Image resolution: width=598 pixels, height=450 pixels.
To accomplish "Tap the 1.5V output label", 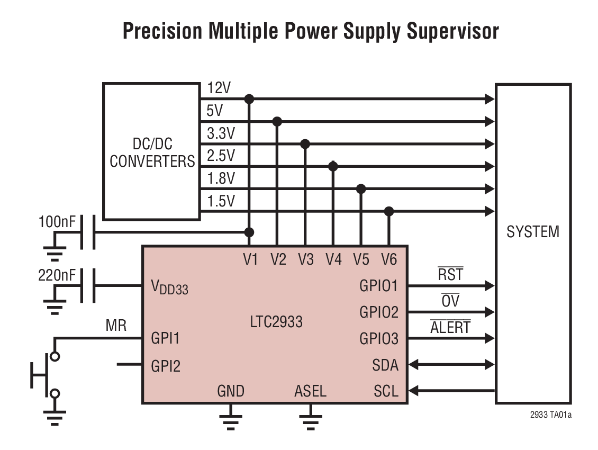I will (x=221, y=201).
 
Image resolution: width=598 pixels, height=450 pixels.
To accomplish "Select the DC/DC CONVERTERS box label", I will (x=152, y=152).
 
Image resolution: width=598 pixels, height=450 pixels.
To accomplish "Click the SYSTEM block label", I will (x=532, y=232).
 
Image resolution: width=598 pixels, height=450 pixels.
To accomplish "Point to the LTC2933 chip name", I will (x=277, y=321).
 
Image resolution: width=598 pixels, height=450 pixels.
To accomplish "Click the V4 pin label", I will (x=333, y=259).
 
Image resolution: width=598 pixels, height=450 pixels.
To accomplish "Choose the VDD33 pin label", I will (x=169, y=287).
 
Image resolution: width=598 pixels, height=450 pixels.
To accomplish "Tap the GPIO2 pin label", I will (x=378, y=312).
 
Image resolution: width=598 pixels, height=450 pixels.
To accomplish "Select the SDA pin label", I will (x=385, y=365).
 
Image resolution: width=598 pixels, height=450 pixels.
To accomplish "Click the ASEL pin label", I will (x=310, y=391).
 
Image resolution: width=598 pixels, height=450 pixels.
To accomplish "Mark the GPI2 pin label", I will (x=166, y=365).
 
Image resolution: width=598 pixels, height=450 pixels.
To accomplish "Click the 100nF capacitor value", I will (x=57, y=222).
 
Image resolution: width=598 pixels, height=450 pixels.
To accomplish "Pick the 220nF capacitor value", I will (x=57, y=275).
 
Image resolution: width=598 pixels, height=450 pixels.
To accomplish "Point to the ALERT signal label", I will (x=450, y=328).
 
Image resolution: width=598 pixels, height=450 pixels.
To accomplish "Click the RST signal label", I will (x=450, y=274).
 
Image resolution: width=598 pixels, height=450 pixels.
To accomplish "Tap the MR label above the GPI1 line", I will (x=116, y=326).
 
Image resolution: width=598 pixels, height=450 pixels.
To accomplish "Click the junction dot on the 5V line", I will (x=277, y=122).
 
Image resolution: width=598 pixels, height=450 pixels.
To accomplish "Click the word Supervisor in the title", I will (x=452, y=31).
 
